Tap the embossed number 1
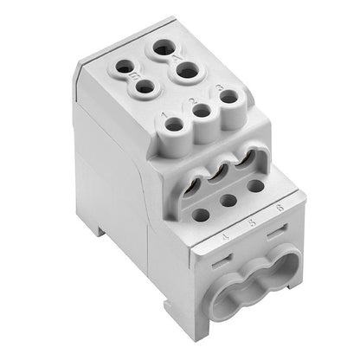pyautogui.click(x=165, y=114)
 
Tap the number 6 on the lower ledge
pyautogui.click(x=277, y=208)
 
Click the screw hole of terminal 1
pyautogui.click(x=175, y=125)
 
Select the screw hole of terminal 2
pyautogui.click(x=202, y=111)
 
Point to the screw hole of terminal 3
pyautogui.click(x=228, y=97)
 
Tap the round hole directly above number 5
pyautogui.click(x=228, y=201)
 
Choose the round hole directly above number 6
pyautogui.click(x=254, y=185)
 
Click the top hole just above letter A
pyautogui.click(x=162, y=48)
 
